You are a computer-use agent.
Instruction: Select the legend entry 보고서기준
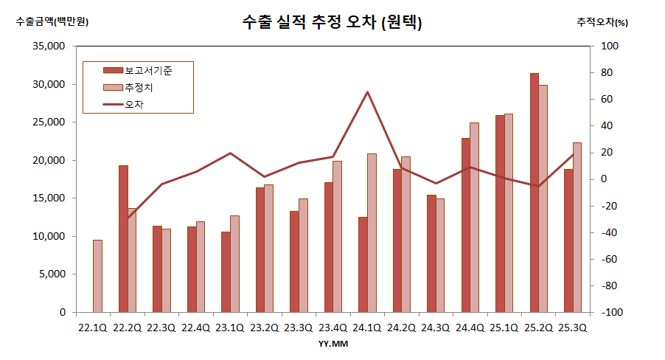coord(147,70)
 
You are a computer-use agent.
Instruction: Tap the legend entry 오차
coord(134,105)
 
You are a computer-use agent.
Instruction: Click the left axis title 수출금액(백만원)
coord(52,21)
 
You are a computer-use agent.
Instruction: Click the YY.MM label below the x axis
coord(333,344)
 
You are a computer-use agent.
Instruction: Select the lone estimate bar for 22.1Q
coord(97,276)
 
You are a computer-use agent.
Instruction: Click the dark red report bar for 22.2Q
coord(123,238)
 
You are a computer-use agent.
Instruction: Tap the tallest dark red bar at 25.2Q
coord(535,193)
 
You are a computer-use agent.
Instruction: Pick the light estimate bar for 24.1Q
coord(372,232)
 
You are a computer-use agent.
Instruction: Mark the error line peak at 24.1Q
coord(367,92)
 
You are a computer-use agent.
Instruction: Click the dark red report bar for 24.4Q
coord(466,225)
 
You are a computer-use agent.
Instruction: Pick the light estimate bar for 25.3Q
coord(577,227)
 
